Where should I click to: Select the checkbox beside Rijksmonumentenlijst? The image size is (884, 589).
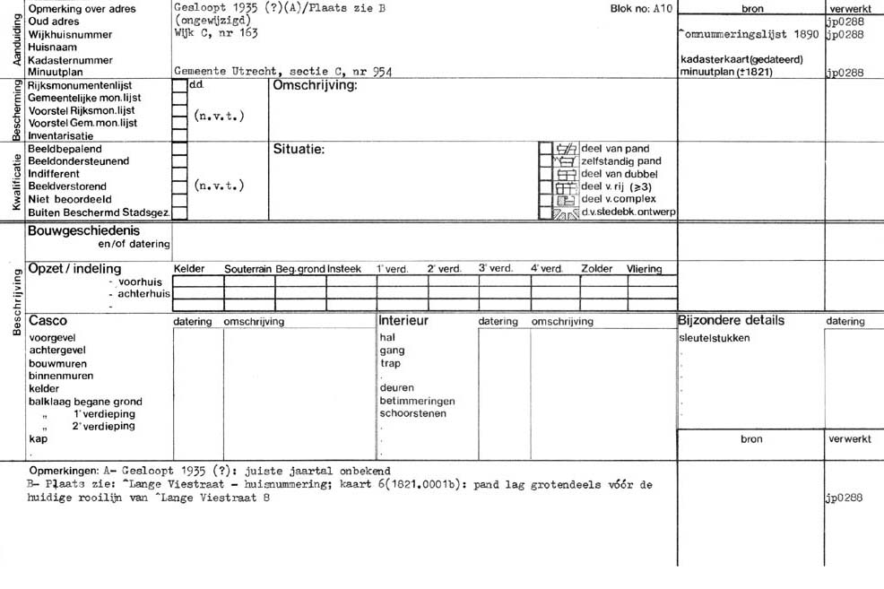(x=179, y=85)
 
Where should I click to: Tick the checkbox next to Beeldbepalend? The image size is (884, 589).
(x=179, y=149)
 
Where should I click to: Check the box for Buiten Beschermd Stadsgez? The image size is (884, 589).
(x=179, y=213)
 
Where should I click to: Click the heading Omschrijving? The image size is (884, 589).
(x=315, y=85)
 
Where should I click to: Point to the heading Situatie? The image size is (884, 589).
(x=299, y=150)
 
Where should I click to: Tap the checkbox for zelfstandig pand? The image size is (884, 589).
(x=545, y=161)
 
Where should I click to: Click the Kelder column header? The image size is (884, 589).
(x=189, y=269)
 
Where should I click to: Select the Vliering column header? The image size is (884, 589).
(x=644, y=269)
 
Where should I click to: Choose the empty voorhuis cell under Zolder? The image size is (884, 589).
(x=603, y=281)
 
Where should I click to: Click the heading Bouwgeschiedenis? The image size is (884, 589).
(x=84, y=230)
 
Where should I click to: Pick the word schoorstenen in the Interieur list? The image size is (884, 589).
(x=412, y=414)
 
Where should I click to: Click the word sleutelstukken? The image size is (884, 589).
(x=715, y=338)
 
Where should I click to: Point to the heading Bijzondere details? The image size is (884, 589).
(x=732, y=320)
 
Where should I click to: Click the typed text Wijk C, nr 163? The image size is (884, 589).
(x=216, y=33)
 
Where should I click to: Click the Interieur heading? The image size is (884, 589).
(x=403, y=320)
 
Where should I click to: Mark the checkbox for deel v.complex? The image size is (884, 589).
(x=545, y=200)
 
